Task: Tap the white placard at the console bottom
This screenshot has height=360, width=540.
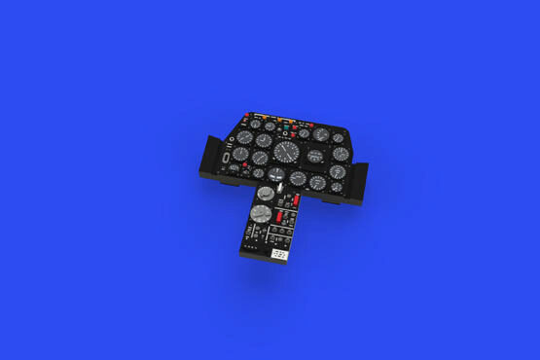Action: click(x=279, y=253)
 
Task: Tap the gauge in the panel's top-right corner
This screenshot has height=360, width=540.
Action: click(x=338, y=137)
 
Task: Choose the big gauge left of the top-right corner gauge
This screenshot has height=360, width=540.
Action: click(x=321, y=134)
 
